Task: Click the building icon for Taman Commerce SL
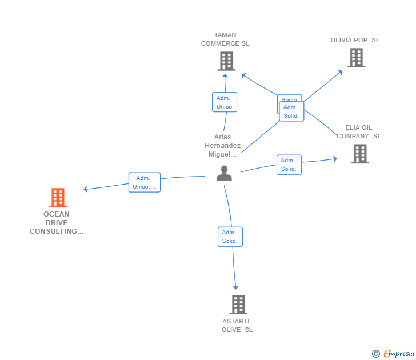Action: tap(226, 61)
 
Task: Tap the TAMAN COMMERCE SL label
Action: tap(225, 39)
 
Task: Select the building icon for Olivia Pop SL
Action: tap(356, 58)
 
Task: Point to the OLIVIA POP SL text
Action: tap(355, 40)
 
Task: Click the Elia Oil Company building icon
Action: tap(359, 154)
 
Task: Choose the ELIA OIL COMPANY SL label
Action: tap(359, 132)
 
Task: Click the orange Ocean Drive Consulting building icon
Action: tap(58, 198)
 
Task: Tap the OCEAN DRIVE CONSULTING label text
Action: tap(57, 223)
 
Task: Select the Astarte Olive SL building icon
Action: tap(238, 305)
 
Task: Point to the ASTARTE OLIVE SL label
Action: tap(237, 326)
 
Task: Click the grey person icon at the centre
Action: tap(224, 173)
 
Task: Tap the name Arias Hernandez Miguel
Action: tap(223, 146)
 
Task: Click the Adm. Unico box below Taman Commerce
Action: tap(224, 102)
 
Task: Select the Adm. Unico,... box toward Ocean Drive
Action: tap(144, 182)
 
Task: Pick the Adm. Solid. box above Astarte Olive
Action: tap(230, 237)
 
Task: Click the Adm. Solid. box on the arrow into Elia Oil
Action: tap(289, 165)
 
